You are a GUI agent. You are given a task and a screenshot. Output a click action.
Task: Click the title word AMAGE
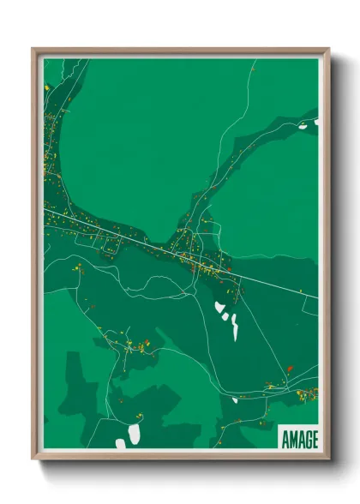point(298,440)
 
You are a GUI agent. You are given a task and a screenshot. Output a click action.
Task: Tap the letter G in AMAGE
point(304,440)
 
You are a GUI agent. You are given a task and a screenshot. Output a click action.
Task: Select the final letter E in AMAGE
point(314,440)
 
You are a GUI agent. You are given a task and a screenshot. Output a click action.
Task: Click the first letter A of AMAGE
point(285,440)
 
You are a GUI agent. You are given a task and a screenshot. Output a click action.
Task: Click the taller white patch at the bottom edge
point(134,435)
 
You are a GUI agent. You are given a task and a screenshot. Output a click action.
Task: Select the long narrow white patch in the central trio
point(235,327)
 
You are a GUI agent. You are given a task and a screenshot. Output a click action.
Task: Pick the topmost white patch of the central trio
point(220,307)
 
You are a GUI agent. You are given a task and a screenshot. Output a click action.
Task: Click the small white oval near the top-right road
point(302,127)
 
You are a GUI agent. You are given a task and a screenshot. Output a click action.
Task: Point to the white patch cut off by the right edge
point(315,123)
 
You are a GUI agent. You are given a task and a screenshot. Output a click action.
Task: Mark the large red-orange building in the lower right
point(290,368)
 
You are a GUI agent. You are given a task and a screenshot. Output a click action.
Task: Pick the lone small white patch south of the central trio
point(235,399)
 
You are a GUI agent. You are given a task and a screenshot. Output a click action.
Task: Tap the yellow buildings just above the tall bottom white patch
point(135,417)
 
